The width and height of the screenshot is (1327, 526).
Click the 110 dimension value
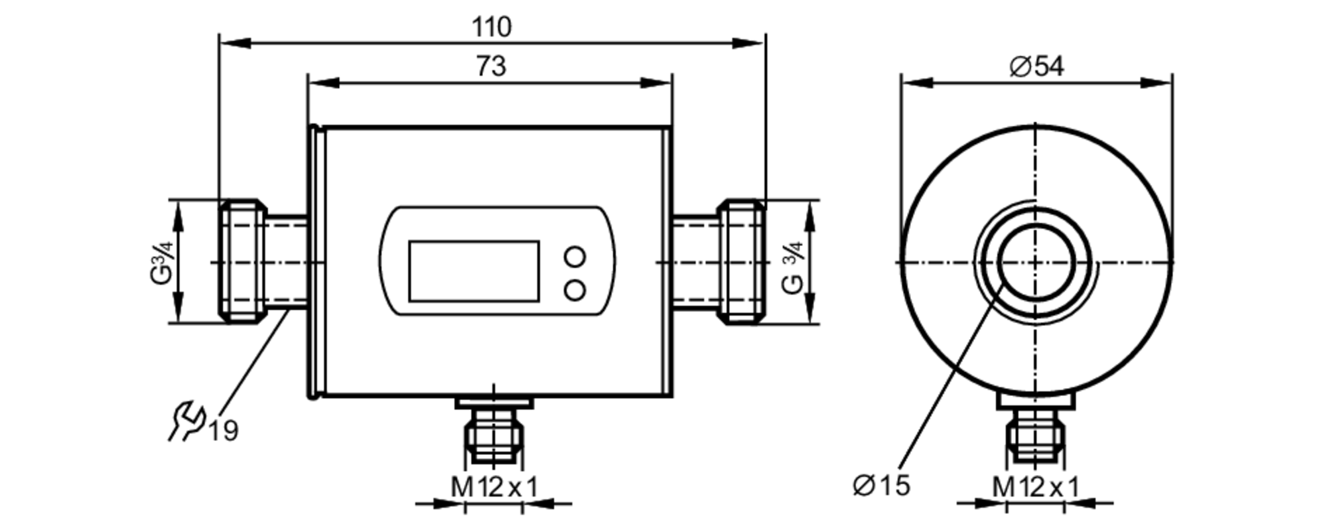pyautogui.click(x=492, y=27)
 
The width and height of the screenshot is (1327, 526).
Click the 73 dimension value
pyautogui.click(x=491, y=66)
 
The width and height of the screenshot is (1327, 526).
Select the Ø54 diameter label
pyautogui.click(x=1036, y=66)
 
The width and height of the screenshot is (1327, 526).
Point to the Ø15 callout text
pyautogui.click(x=881, y=486)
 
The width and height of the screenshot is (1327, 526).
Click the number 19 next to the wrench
pyautogui.click(x=224, y=432)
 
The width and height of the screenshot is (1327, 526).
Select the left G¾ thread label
pyautogui.click(x=161, y=263)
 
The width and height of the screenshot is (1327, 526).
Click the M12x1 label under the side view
pyautogui.click(x=494, y=488)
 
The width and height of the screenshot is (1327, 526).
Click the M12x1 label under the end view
pyautogui.click(x=1035, y=488)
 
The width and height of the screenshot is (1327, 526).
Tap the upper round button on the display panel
pyautogui.click(x=575, y=257)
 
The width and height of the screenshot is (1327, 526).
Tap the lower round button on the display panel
pyautogui.click(x=575, y=290)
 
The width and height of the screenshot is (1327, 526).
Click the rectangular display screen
pyautogui.click(x=474, y=271)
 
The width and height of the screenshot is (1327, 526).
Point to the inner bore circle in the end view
pyautogui.click(x=1036, y=263)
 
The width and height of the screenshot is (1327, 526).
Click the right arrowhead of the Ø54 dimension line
pyautogui.click(x=1157, y=83)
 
